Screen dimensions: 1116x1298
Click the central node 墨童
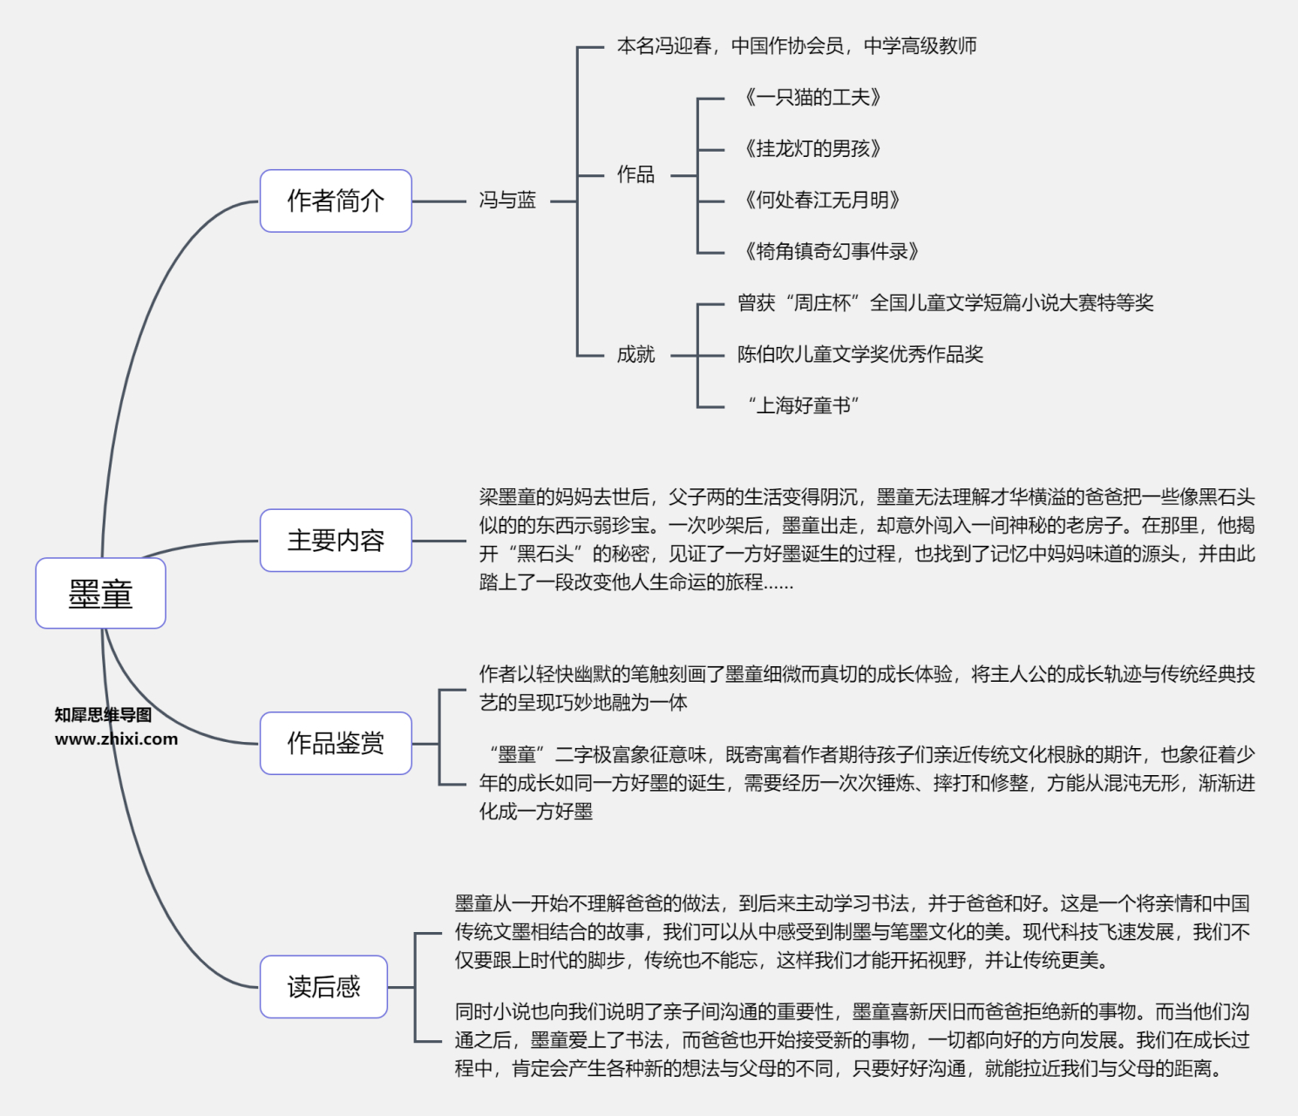[100, 594]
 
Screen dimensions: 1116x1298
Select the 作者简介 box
[336, 201]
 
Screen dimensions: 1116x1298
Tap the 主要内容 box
[336, 541]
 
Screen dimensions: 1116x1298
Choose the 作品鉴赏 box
[336, 743]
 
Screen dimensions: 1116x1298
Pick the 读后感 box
[323, 987]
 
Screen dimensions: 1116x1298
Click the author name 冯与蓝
[507, 201]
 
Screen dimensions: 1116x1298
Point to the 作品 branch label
[635, 174]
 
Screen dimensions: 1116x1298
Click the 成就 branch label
[635, 354]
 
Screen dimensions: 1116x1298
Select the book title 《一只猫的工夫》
[812, 98]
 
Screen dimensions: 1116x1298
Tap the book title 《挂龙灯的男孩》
[812, 149]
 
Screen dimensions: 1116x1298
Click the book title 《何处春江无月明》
[821, 201]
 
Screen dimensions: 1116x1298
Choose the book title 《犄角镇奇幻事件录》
[831, 252]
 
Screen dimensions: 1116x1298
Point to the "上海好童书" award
[803, 405]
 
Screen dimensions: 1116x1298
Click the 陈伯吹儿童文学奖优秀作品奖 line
[860, 354]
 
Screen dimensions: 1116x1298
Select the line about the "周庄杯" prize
[945, 303]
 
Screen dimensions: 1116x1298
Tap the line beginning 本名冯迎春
[796, 46]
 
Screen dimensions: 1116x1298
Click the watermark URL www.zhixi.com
[116, 739]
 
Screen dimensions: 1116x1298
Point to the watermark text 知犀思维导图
[103, 715]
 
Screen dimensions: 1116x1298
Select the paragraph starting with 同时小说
[852, 1040]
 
